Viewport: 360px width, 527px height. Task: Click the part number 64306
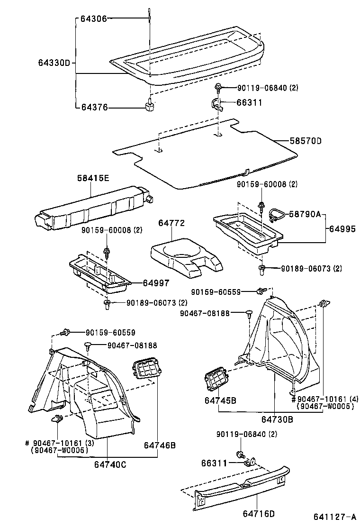94,18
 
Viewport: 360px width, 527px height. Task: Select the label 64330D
54,62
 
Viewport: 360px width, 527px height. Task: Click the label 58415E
93,178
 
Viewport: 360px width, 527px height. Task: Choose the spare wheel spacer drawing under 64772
186,258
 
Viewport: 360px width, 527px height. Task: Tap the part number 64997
156,283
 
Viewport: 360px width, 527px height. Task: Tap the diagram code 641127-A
333,518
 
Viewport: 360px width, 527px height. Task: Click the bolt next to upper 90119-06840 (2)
218,88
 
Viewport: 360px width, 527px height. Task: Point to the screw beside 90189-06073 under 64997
108,303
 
